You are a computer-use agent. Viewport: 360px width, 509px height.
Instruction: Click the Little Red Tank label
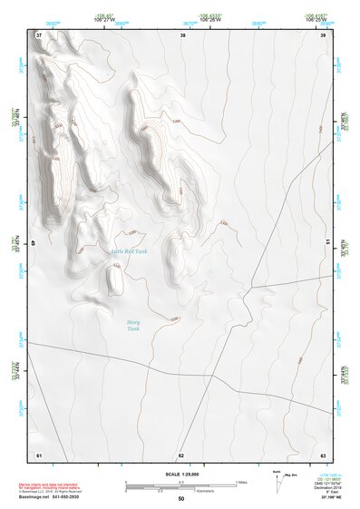[x=128, y=251]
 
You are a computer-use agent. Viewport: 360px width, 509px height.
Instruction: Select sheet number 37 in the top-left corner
[x=39, y=35]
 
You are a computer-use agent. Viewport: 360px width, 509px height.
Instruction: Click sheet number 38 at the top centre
[x=182, y=35]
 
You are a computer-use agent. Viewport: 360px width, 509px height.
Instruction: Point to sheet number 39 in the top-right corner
[x=323, y=35]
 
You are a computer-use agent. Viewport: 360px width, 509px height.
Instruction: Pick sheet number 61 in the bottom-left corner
[x=39, y=454]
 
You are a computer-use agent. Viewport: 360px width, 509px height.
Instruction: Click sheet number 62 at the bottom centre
[x=181, y=454]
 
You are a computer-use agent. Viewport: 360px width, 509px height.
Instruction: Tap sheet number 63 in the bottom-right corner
[x=323, y=454]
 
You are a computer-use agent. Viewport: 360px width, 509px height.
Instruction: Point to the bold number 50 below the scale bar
[x=181, y=499]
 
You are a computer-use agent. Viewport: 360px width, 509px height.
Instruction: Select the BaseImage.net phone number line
[x=50, y=496]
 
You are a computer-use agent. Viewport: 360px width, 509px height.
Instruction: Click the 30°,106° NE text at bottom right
[x=328, y=497]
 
